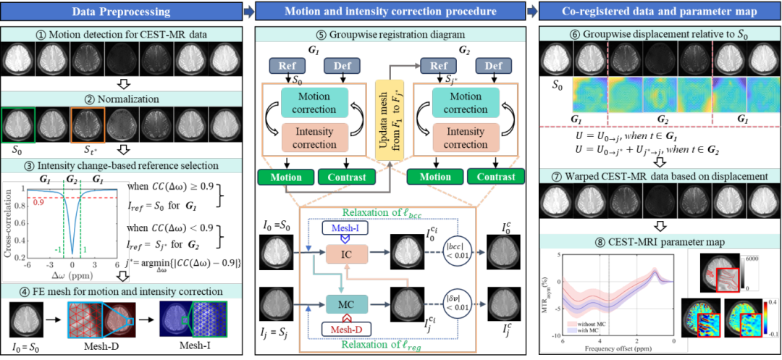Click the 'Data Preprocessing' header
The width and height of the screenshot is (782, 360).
coord(122,12)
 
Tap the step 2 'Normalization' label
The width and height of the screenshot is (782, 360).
coord(122,99)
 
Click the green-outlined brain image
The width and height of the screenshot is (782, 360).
coord(18,125)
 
